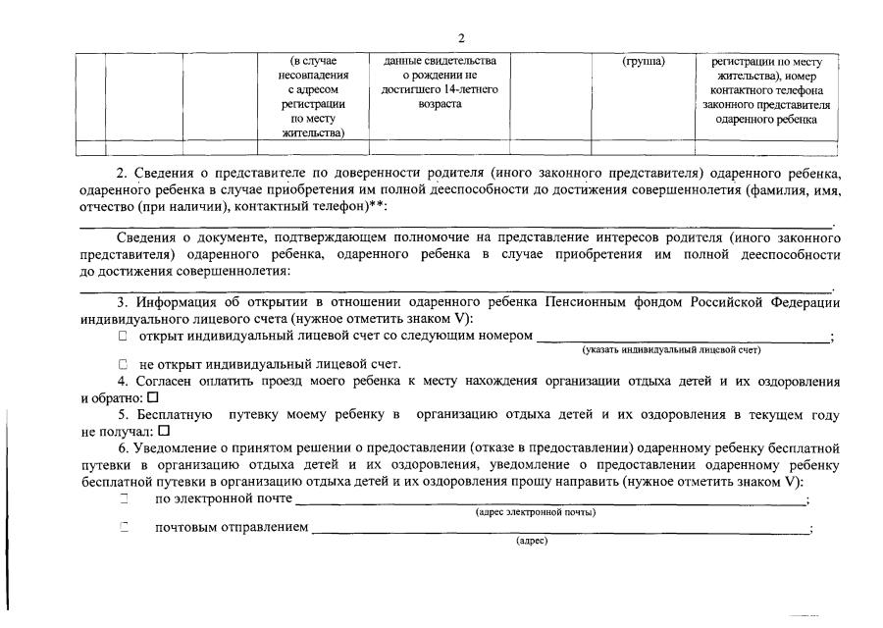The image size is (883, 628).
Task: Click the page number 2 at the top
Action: point(461,38)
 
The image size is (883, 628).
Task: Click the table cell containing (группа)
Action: point(644,62)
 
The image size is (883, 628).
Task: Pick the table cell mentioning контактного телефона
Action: point(766,96)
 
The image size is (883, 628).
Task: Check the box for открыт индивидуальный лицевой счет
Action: point(124,337)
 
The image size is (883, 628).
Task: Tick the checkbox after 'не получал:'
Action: point(164,430)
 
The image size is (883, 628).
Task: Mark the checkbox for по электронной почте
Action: point(125,499)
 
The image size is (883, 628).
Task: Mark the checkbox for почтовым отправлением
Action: point(125,529)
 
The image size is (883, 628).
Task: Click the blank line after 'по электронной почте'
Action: point(549,502)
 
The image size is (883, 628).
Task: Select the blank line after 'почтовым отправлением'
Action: point(559,532)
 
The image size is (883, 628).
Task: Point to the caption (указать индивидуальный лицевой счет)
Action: point(671,350)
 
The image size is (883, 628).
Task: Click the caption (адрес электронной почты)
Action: point(535,512)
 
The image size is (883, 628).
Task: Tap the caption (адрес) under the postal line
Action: point(531,542)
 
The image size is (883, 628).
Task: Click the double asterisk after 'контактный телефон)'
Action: point(374,206)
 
